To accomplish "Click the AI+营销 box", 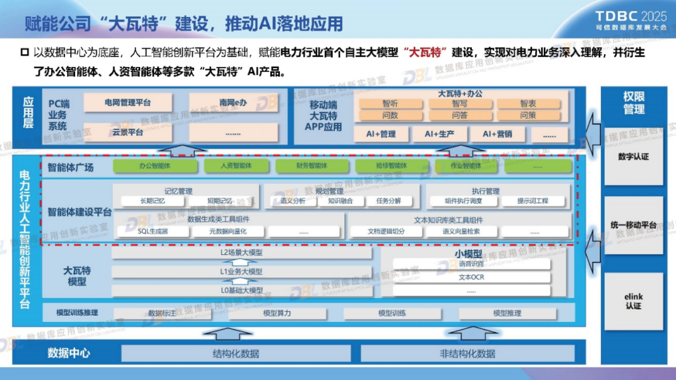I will (x=496, y=134).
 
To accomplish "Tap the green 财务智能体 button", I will (x=312, y=166).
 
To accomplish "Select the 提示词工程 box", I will (x=533, y=201).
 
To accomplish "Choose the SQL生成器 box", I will (x=153, y=231).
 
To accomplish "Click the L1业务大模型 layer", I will (x=242, y=272).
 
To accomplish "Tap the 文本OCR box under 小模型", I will (x=471, y=277).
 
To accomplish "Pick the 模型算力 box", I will (x=277, y=313).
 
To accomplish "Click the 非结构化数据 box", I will (x=467, y=354).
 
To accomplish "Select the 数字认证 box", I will (x=633, y=156).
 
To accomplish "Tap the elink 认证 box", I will (x=633, y=301).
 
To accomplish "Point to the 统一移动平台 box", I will (x=633, y=225).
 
